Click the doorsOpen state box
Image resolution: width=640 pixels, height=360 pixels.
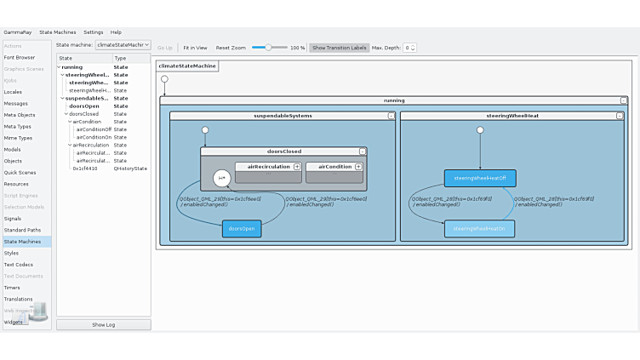coord(242,228)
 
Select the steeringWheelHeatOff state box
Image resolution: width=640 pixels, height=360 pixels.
coord(479,178)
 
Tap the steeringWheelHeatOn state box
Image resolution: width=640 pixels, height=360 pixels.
coord(479,228)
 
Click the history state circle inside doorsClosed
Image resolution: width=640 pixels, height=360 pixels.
coord(221,177)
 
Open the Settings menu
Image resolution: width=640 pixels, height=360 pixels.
coord(93,32)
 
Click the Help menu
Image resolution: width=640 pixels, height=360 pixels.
coord(116,32)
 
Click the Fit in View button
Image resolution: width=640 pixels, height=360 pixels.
coord(195,48)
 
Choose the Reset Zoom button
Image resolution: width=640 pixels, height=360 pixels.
coord(231,48)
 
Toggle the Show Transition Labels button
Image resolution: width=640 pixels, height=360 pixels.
coord(340,48)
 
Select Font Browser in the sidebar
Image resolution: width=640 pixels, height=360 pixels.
coord(20,57)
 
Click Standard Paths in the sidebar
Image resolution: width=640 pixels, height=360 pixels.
coord(22,230)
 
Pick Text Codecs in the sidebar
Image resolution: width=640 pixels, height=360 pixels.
coord(19,265)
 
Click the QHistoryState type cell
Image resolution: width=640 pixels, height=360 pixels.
coord(130,169)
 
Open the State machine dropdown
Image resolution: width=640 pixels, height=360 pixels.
coord(123,45)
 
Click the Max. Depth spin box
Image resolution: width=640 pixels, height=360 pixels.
coord(409,48)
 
